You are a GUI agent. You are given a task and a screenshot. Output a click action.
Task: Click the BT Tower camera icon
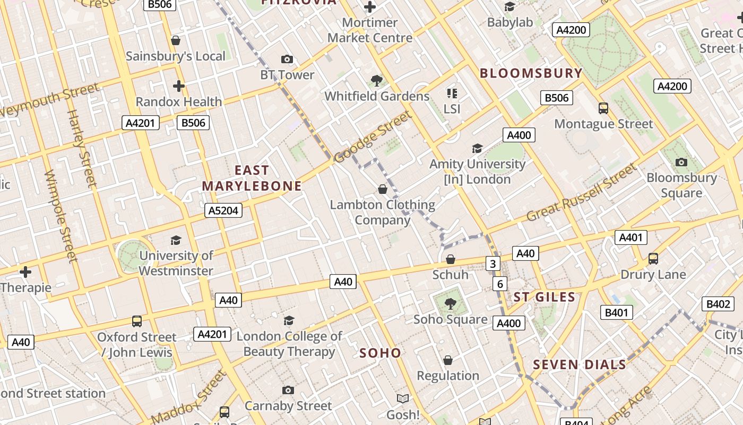[x=287, y=59]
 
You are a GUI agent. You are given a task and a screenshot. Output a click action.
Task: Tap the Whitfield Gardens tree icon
[x=377, y=81]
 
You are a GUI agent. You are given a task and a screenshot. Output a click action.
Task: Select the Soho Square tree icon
[x=451, y=304]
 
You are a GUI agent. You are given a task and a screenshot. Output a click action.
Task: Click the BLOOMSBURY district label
[x=531, y=73]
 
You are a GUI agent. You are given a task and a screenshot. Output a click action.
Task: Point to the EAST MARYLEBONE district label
[x=252, y=178]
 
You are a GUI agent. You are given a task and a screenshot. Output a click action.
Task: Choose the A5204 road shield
[x=223, y=210]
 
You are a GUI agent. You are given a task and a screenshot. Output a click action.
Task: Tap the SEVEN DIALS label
[x=580, y=364]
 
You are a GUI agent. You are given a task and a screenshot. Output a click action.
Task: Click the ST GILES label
[x=545, y=297]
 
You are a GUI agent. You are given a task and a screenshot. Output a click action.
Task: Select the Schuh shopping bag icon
[x=451, y=259]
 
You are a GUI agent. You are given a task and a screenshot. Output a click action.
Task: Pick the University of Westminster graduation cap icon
[x=176, y=240]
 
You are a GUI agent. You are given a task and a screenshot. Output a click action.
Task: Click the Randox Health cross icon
[x=179, y=86]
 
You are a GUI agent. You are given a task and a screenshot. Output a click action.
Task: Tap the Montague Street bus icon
[x=603, y=108]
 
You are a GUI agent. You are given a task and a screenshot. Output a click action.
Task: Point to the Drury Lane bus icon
[x=653, y=259]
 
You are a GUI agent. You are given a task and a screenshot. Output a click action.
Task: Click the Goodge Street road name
[x=373, y=136]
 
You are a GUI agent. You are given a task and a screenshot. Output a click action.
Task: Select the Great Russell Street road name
[x=581, y=193]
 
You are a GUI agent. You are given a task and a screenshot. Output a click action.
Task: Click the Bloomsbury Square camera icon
[x=681, y=162]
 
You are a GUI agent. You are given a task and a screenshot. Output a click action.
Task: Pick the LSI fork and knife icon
[x=452, y=93]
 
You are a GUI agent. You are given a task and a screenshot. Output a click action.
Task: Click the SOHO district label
[x=380, y=353]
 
